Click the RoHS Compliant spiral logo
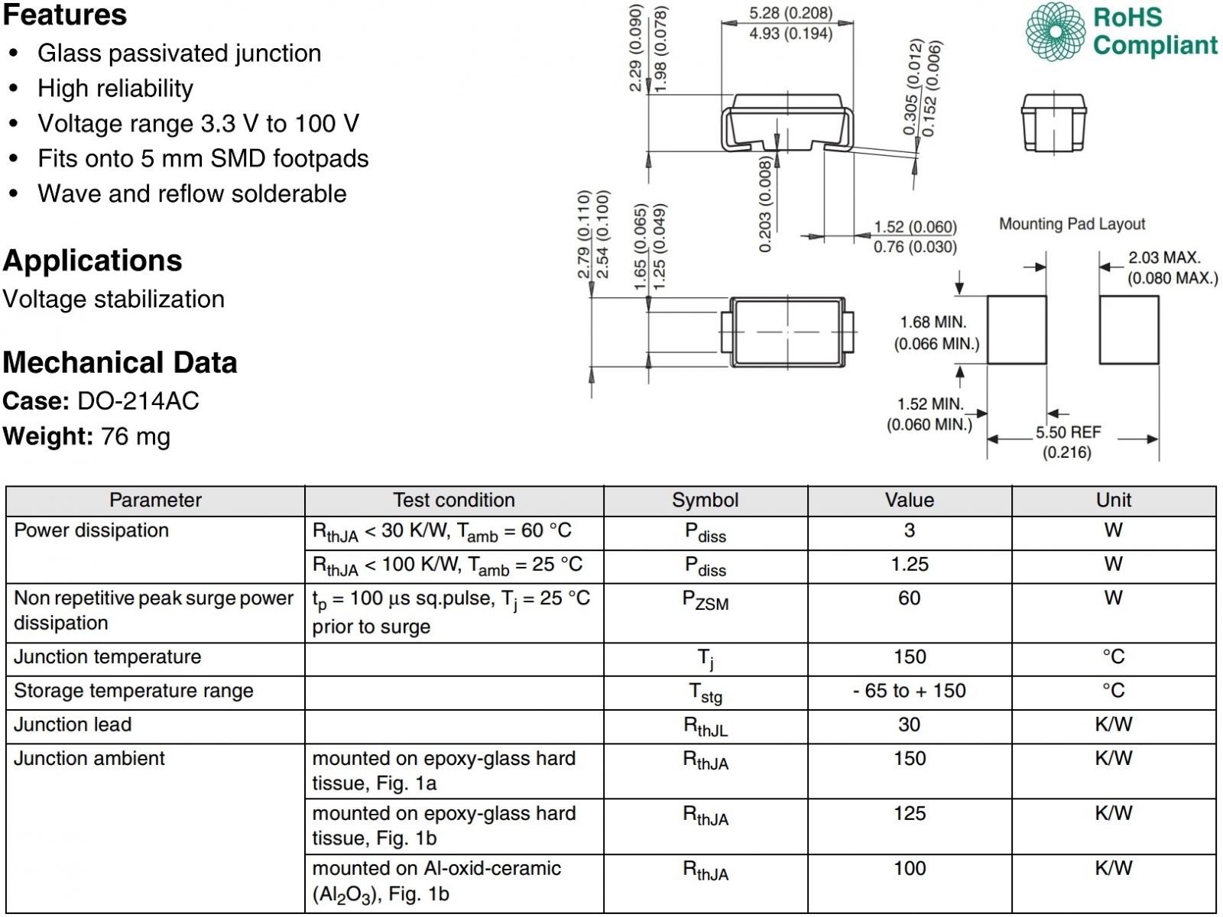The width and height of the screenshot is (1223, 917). click(1055, 31)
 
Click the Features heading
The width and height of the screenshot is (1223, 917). click(65, 15)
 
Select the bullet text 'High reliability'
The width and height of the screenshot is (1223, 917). click(115, 89)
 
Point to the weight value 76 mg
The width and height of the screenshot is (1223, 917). click(135, 436)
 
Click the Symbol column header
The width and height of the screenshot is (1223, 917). click(705, 500)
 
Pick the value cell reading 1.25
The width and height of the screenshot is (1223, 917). click(909, 564)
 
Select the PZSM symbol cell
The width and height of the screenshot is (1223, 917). click(705, 601)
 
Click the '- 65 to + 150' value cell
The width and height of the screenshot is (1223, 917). click(909, 691)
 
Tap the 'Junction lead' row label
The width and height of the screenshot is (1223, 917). click(73, 724)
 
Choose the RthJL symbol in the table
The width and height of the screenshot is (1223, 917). click(705, 726)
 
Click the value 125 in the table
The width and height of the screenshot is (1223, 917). click(909, 813)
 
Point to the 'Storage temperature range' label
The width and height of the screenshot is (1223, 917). click(134, 691)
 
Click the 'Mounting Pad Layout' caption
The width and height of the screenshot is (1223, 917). click(1072, 224)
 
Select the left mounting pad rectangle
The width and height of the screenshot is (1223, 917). click(1017, 329)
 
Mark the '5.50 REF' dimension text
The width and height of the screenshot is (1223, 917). click(1068, 433)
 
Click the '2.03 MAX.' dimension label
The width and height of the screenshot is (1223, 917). click(1164, 258)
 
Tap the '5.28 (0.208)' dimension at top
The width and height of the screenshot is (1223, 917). click(790, 13)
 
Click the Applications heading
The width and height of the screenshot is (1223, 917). click(92, 261)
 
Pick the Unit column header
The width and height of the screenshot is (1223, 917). click(1113, 500)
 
